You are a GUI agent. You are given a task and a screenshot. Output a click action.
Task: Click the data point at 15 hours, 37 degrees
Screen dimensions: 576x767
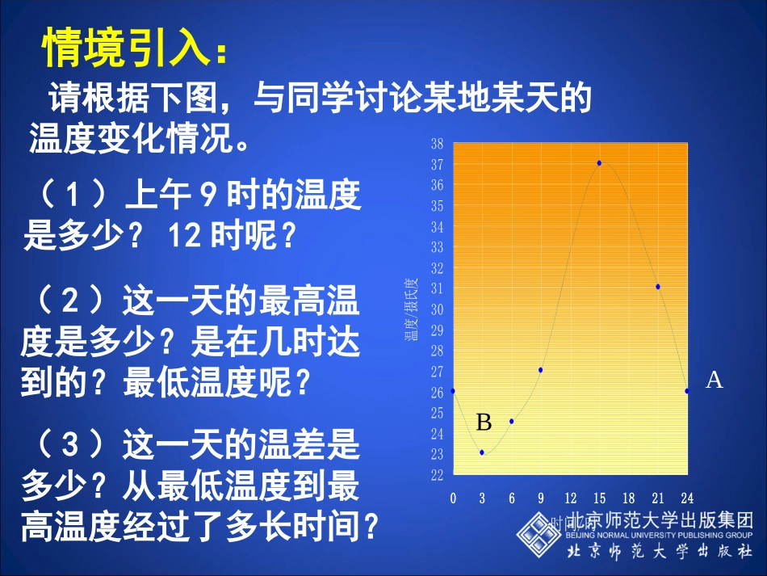599,163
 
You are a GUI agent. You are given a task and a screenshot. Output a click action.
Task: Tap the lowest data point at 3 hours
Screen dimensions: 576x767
482,452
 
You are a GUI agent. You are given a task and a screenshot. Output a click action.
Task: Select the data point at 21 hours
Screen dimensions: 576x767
658,287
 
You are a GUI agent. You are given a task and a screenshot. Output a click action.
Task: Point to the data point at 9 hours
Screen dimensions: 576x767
540,370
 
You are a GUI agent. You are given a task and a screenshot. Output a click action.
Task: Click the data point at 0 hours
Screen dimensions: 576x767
453,391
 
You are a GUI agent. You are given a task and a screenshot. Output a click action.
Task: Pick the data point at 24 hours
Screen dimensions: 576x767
687,391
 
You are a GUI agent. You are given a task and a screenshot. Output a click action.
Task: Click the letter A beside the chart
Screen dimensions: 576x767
714,380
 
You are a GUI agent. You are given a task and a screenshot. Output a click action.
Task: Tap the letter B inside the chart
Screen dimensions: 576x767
484,423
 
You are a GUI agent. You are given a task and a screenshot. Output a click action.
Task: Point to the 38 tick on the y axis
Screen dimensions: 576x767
437,144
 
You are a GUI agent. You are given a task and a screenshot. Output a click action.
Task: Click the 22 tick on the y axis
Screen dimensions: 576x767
437,475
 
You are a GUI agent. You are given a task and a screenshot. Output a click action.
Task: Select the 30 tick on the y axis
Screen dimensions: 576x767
437,309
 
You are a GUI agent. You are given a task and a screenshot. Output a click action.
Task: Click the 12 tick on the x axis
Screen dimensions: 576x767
570,498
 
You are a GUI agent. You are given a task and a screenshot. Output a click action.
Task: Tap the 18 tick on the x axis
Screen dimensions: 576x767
628,498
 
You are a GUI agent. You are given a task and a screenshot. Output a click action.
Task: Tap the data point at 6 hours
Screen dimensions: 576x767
512,421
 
